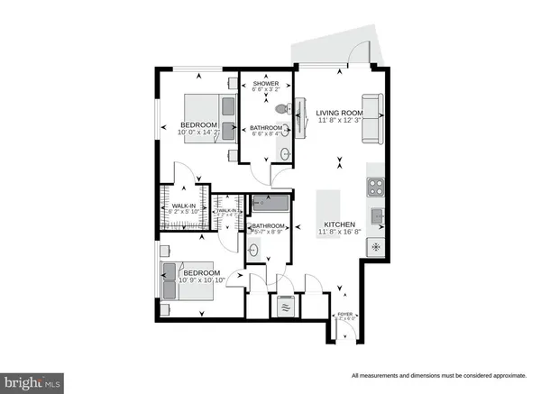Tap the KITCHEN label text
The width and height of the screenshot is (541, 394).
coord(338,224)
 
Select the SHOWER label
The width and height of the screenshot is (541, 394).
coord(267,84)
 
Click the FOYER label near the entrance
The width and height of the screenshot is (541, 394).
coord(344,315)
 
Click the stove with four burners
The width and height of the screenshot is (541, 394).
coord(375,188)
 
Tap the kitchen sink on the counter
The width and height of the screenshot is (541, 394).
coord(379,216)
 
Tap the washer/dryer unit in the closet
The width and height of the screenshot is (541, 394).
coord(287,305)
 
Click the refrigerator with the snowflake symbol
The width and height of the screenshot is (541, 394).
coord(377,244)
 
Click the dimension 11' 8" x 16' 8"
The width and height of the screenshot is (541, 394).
coord(338,233)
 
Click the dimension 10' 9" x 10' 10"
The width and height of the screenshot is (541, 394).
coord(200,281)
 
